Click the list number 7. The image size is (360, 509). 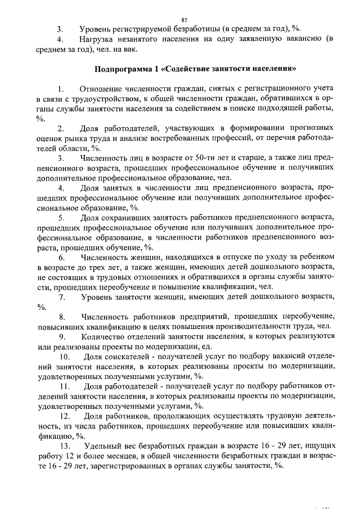[62, 296]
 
